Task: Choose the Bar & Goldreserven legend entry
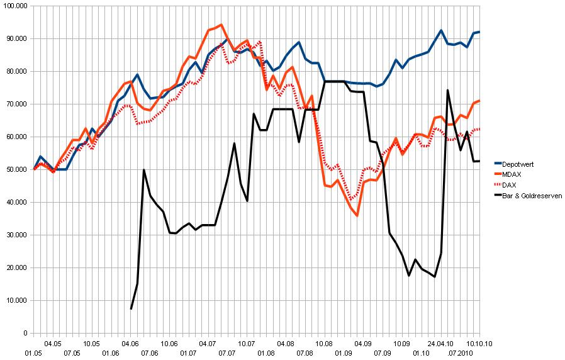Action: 530,196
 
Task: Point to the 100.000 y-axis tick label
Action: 16,6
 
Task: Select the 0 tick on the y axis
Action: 25,334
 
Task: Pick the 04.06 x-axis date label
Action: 130,344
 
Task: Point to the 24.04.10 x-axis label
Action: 440,344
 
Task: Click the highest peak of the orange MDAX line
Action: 221,25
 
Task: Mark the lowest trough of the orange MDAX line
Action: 357,215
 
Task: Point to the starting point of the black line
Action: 131,308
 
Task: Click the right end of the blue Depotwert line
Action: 479,31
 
